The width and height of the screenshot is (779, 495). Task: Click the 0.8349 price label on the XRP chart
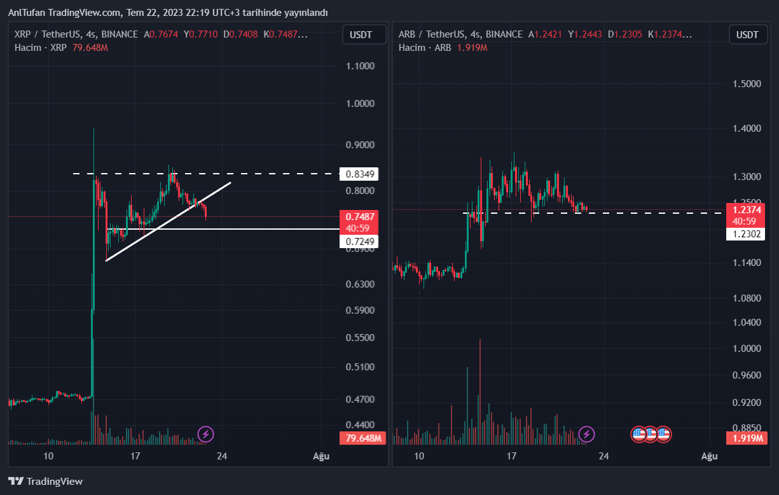click(359, 173)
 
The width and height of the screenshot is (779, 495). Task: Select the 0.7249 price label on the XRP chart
click(359, 241)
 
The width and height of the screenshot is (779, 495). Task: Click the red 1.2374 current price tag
click(747, 210)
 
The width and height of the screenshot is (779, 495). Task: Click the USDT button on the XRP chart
click(364, 34)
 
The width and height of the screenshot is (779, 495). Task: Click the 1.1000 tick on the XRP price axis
click(359, 66)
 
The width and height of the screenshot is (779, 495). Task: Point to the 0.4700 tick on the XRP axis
click(359, 400)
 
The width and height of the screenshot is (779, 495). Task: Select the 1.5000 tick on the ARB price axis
click(747, 84)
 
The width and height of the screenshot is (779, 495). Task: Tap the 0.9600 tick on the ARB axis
click(747, 375)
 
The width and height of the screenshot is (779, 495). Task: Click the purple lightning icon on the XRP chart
click(205, 435)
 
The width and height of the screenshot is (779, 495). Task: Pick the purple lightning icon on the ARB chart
click(586, 435)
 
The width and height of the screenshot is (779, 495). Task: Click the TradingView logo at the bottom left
click(45, 482)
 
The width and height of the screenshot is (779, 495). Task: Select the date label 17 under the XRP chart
click(135, 456)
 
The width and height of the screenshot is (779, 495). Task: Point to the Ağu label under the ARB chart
click(709, 456)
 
